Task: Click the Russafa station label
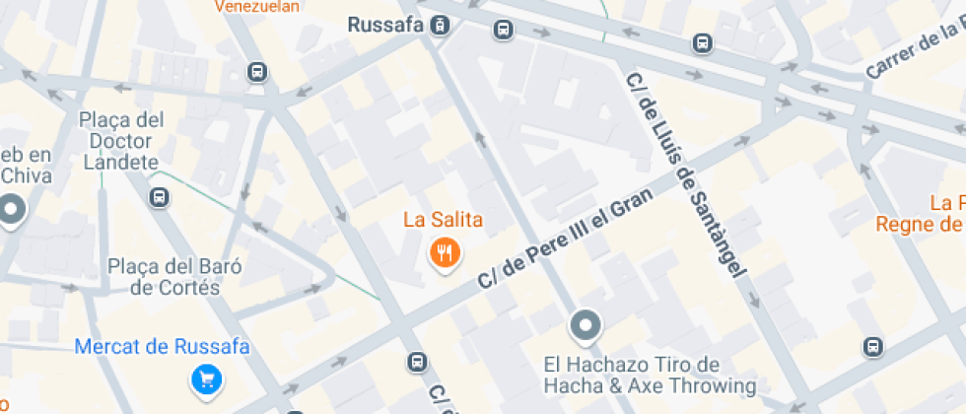click(385, 26)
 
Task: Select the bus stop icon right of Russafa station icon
click(504, 30)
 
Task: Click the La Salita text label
click(443, 219)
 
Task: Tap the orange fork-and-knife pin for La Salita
click(446, 253)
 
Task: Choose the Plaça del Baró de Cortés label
click(175, 277)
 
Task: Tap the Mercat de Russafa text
click(163, 347)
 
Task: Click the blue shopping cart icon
click(206, 379)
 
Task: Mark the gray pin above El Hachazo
click(585, 325)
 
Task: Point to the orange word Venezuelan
click(256, 6)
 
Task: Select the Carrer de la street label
click(914, 53)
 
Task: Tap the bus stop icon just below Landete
click(159, 198)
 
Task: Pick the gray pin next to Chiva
click(12, 210)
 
